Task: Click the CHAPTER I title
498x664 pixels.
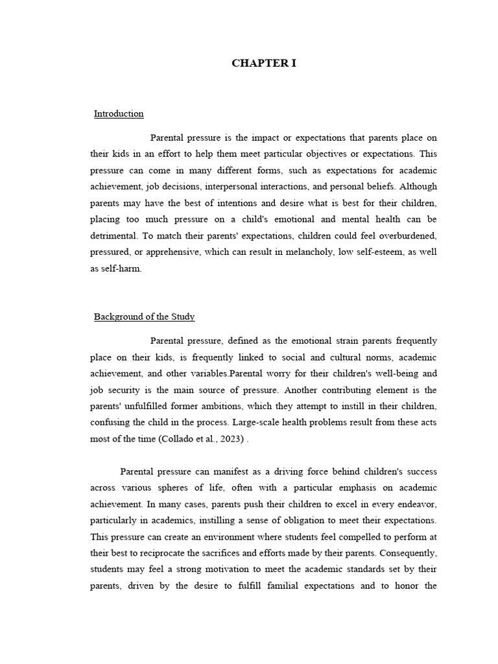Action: click(264, 64)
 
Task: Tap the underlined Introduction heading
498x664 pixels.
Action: click(119, 113)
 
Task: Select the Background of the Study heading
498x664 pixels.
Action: click(144, 316)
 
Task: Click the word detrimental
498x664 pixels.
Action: click(113, 236)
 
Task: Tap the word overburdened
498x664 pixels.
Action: click(402, 236)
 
